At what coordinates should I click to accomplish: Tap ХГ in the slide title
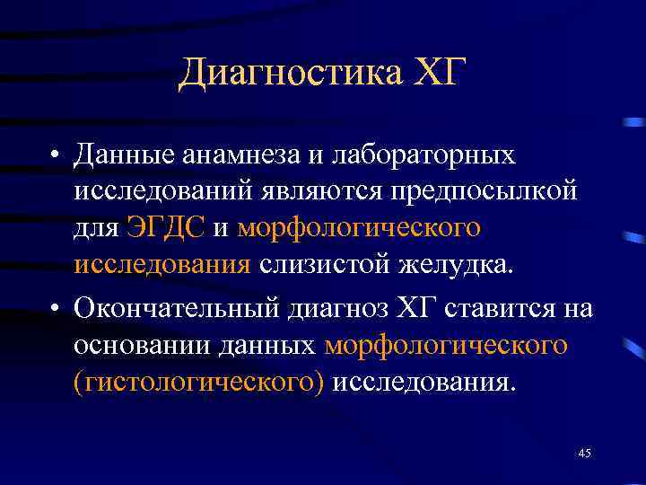[x=437, y=72]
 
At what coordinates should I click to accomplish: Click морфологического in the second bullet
[x=446, y=346]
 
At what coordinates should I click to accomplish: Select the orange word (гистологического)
[x=199, y=383]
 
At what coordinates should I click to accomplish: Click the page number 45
[x=584, y=454]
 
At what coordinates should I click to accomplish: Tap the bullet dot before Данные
[x=56, y=156]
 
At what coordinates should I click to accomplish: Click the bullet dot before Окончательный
[x=56, y=309]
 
